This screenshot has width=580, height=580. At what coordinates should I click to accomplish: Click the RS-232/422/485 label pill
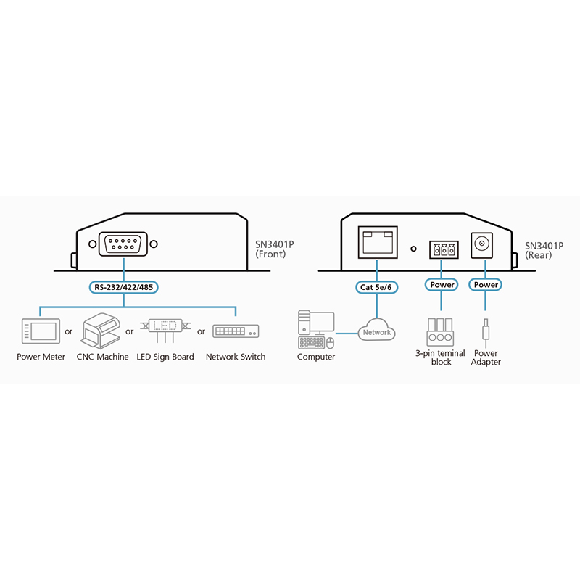(x=125, y=286)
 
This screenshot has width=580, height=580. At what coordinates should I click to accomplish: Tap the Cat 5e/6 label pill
(x=377, y=286)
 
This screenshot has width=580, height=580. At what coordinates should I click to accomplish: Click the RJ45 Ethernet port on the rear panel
(x=377, y=241)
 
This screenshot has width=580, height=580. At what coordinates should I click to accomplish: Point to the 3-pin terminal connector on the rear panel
(x=442, y=250)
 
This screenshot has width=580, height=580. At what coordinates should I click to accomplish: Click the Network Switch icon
(x=235, y=331)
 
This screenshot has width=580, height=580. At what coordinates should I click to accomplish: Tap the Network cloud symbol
(x=377, y=331)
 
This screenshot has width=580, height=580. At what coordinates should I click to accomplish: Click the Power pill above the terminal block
(x=442, y=285)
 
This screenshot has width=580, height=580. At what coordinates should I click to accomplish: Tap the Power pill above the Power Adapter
(x=486, y=285)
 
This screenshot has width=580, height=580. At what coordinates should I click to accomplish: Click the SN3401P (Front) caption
(x=275, y=249)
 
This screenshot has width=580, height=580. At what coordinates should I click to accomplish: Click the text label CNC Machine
(x=102, y=357)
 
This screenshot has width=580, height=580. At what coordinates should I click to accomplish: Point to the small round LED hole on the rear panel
(x=413, y=249)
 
